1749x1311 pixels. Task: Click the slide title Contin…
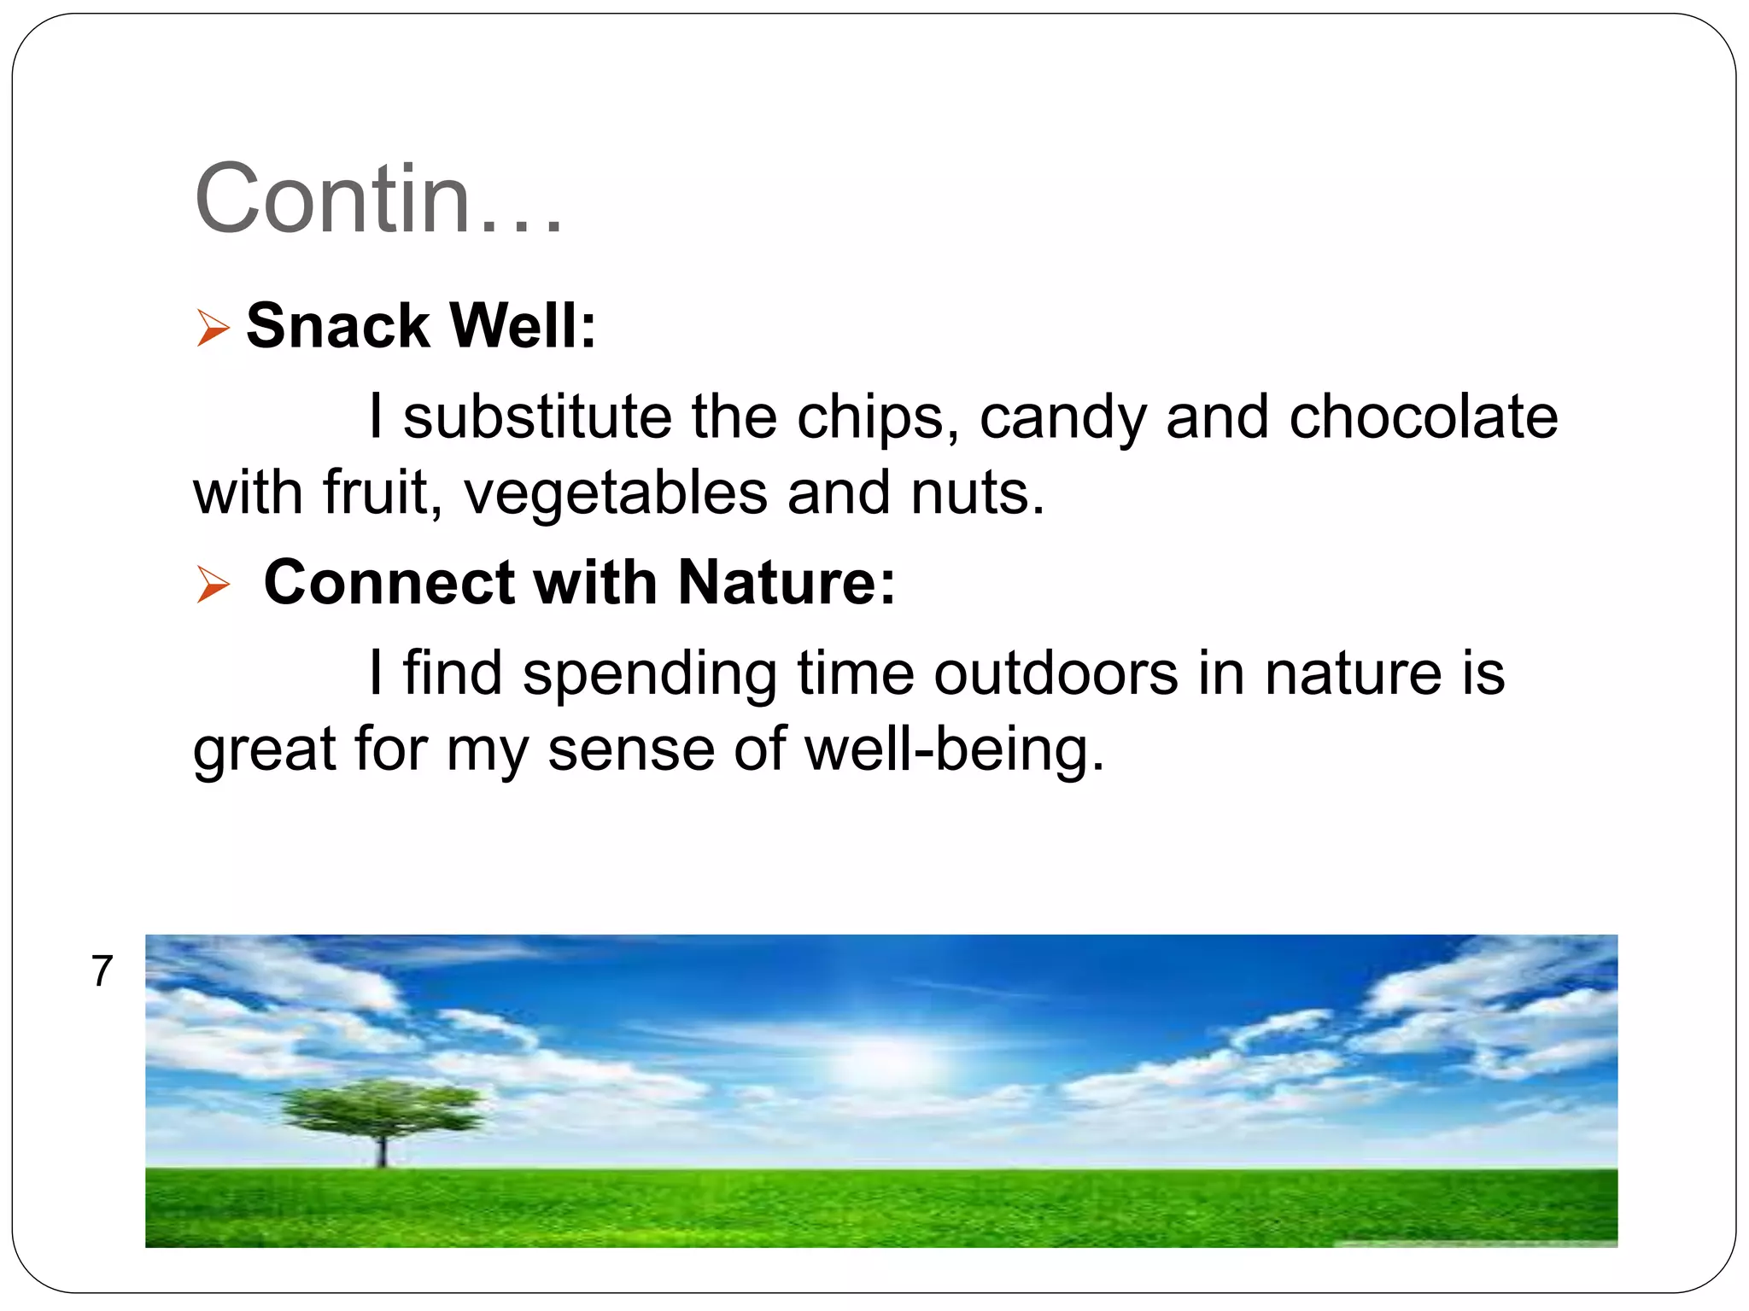378,198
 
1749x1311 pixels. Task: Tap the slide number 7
102,970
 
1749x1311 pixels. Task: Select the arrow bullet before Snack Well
213,328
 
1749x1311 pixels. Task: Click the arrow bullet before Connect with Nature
213,584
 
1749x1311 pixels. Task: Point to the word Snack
337,326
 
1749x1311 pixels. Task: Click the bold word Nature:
787,582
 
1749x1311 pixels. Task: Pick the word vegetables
615,493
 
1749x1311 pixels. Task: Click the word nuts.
977,493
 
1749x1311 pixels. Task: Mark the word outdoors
1055,673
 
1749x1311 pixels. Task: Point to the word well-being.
954,749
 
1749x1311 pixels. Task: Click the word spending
649,674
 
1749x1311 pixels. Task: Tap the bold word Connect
389,582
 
